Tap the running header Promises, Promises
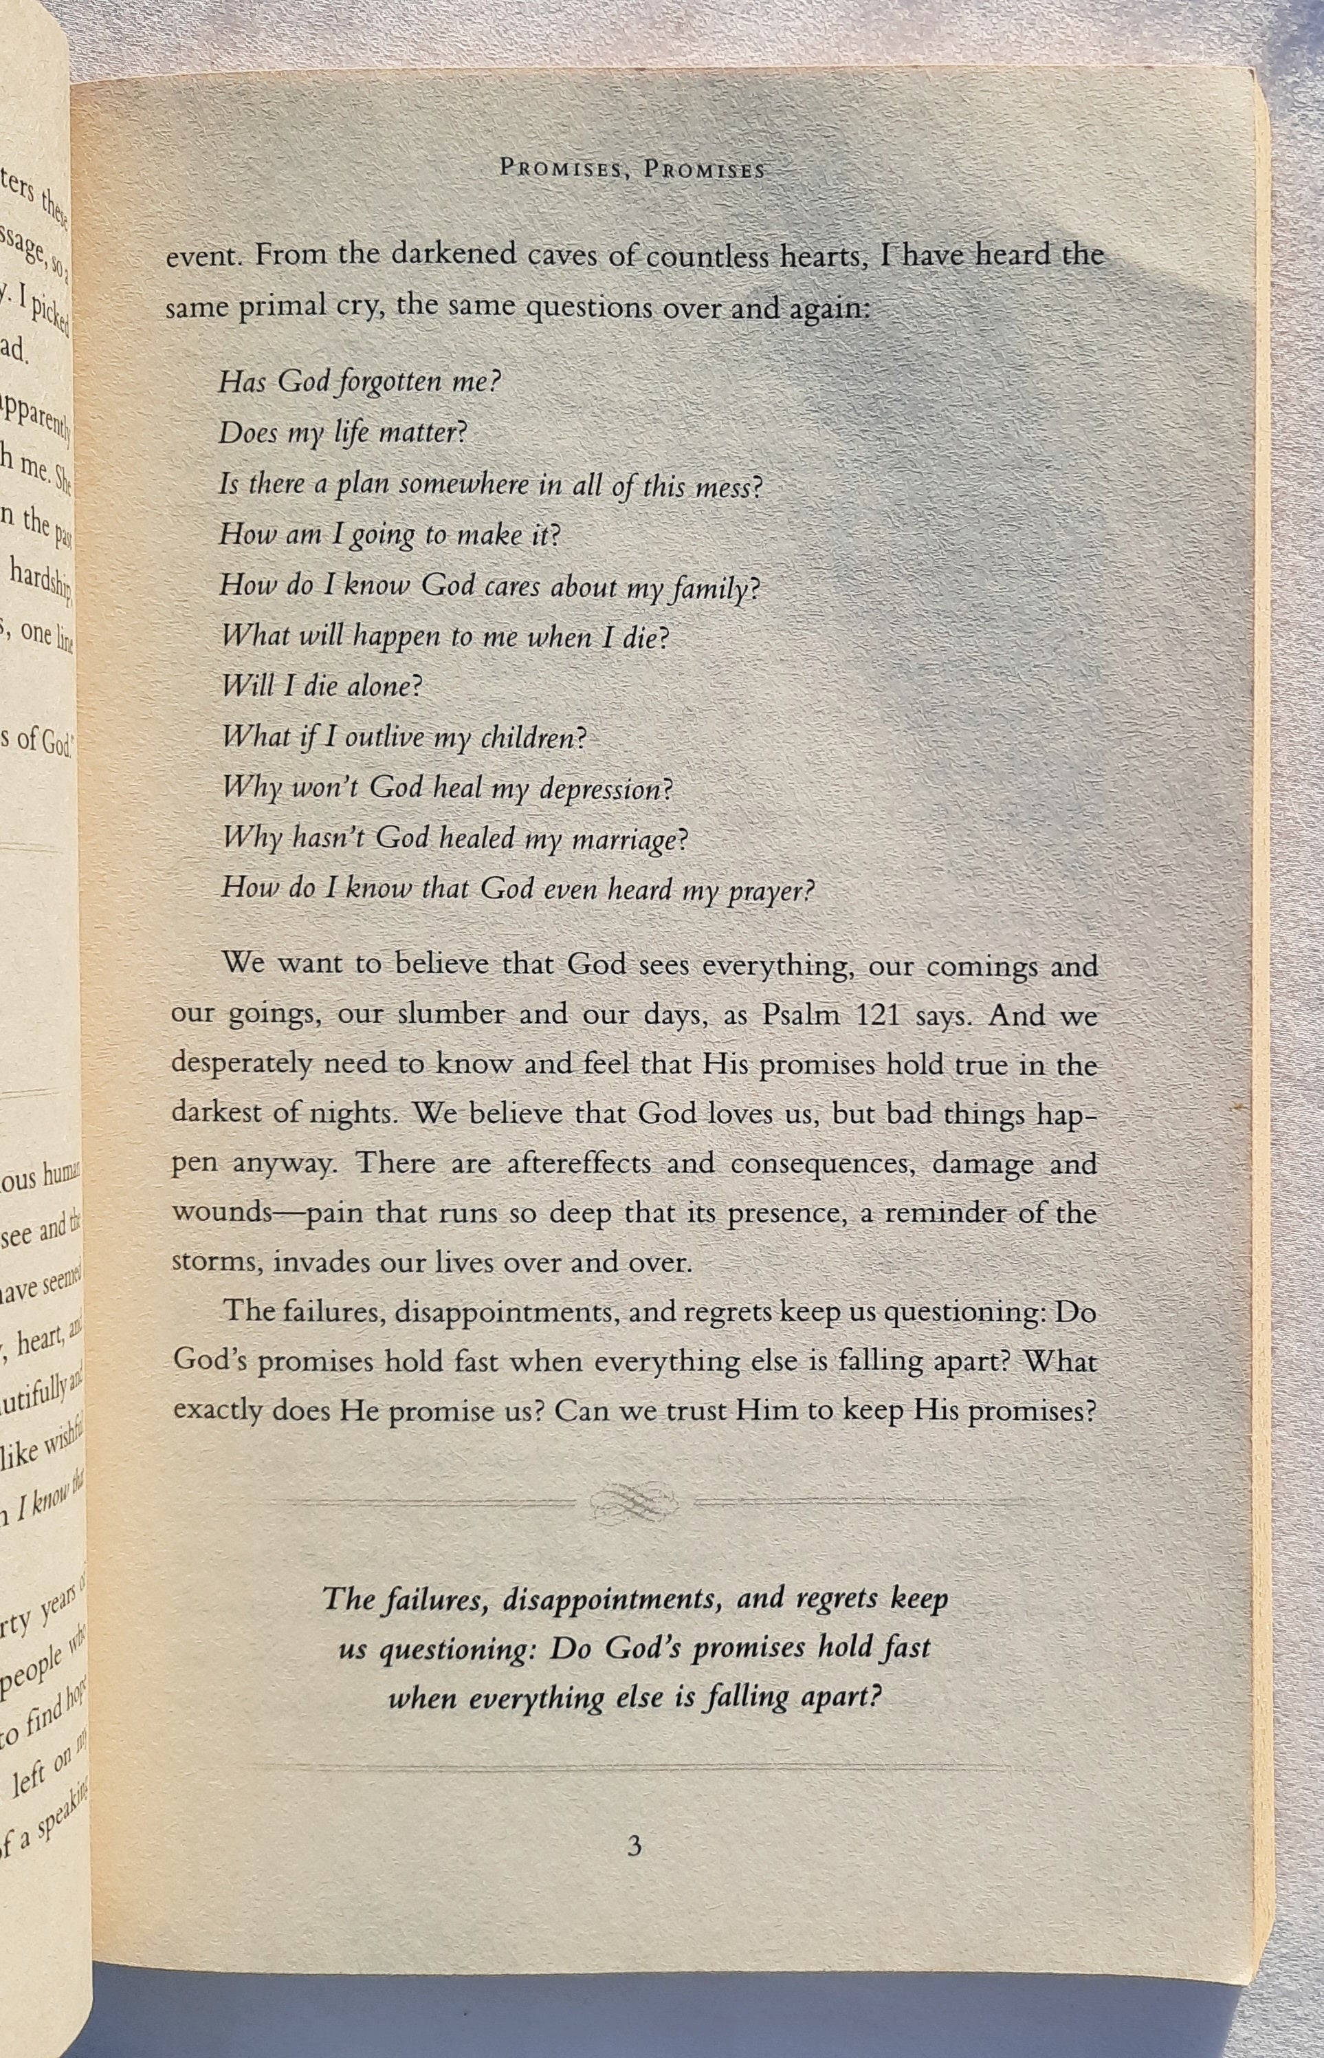632,169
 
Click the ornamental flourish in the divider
635,1502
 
